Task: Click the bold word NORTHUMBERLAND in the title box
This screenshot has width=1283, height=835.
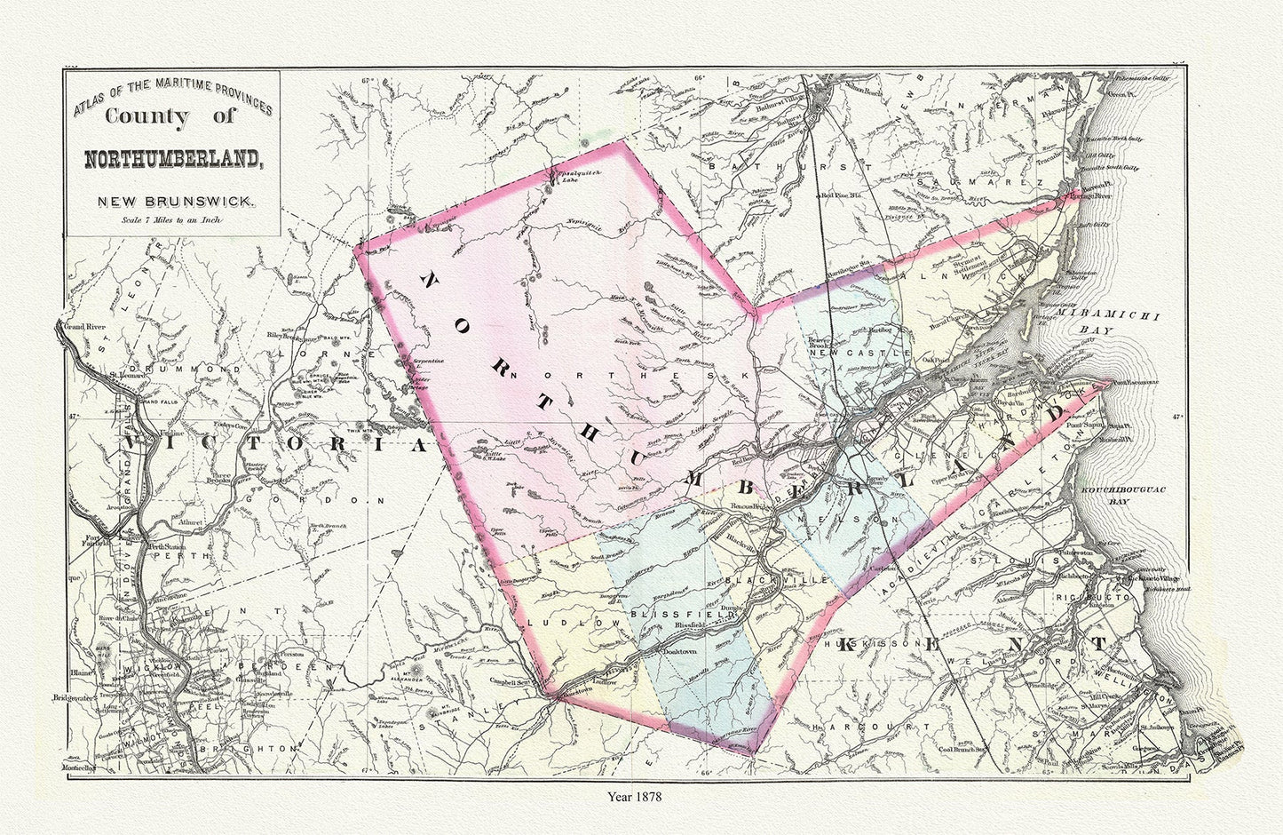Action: point(172,160)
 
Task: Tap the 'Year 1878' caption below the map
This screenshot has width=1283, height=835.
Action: point(640,796)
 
